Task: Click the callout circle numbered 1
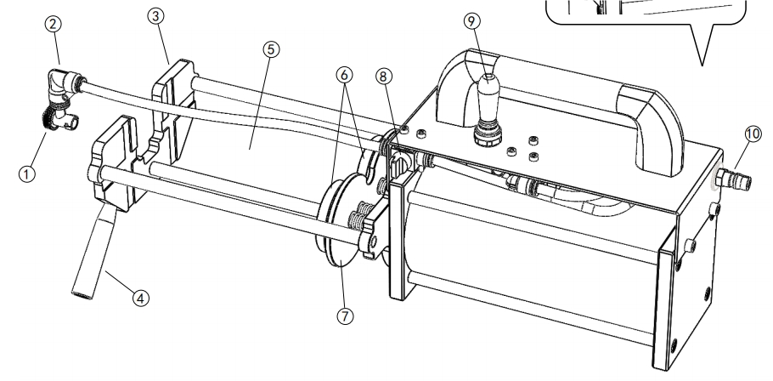point(26,174)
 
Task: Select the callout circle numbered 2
point(54,24)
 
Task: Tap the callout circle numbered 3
point(155,16)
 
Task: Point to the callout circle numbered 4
point(140,299)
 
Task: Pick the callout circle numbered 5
point(271,49)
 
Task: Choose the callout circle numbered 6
point(344,75)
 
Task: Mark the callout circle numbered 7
point(345,316)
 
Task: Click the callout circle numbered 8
point(384,77)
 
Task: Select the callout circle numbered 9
point(471,21)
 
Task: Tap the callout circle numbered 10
point(753,134)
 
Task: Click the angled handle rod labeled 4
point(93,253)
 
